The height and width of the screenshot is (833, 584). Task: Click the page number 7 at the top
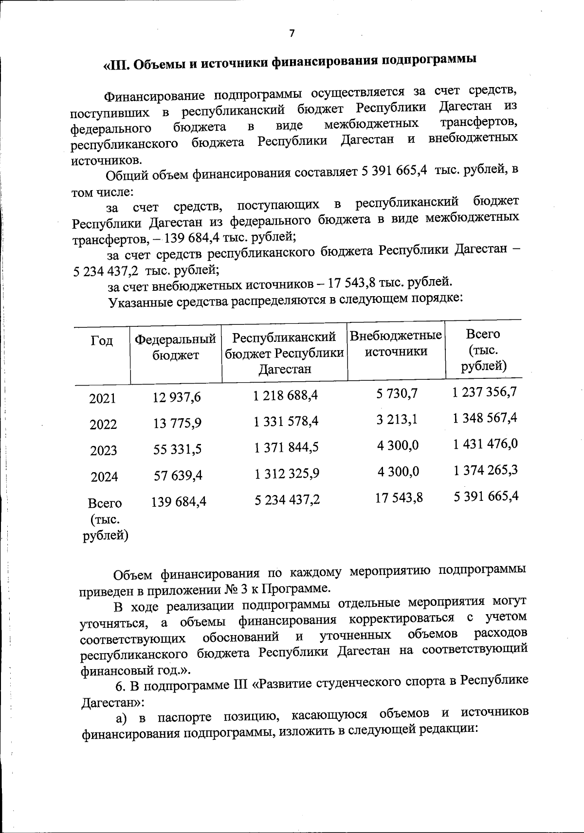tap(292, 33)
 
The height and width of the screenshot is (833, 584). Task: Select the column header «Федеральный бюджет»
tap(175, 347)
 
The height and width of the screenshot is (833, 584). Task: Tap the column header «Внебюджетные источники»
tap(396, 343)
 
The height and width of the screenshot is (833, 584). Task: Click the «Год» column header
tap(102, 340)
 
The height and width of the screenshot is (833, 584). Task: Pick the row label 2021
tap(103, 399)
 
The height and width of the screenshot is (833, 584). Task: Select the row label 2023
tap(104, 450)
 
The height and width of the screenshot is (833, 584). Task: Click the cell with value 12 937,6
tap(176, 397)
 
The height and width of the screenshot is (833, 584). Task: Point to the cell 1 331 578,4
tap(286, 421)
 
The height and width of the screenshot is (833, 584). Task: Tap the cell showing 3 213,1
tap(397, 419)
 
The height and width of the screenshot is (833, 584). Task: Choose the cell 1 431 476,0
tap(485, 443)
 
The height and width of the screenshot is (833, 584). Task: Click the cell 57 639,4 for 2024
tap(178, 476)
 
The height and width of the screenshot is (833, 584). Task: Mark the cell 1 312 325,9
tap(287, 473)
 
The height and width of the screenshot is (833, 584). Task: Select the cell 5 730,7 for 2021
tap(397, 393)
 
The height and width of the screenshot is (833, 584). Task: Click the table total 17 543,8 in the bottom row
tap(399, 497)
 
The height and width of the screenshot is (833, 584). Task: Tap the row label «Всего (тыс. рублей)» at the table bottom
tap(105, 519)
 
